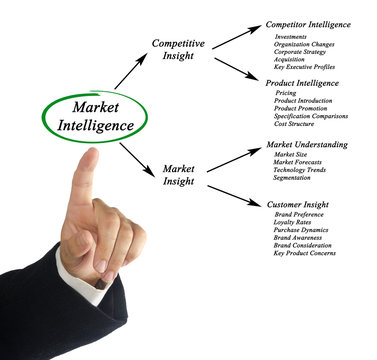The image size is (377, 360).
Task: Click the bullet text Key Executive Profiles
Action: (x=305, y=67)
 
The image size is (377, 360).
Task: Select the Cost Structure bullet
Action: (x=297, y=124)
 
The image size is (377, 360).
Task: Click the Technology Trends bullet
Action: (x=301, y=171)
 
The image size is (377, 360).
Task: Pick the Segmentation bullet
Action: (x=294, y=179)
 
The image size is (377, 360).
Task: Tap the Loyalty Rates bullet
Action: (x=294, y=222)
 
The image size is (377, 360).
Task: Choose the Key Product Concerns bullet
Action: (x=304, y=253)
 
